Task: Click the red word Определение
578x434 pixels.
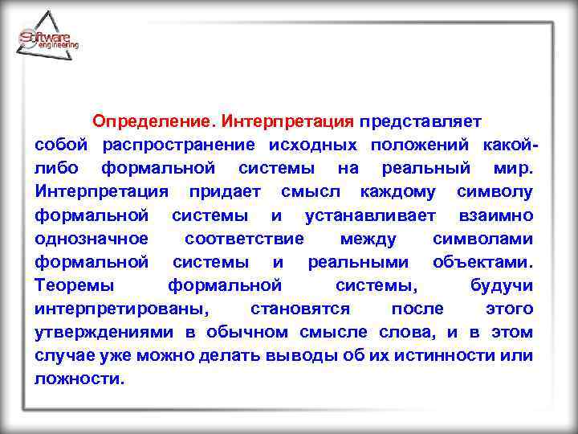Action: click(150, 121)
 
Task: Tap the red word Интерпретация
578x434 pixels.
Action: click(287, 121)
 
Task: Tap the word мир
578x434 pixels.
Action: click(513, 168)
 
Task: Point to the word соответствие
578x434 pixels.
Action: click(244, 239)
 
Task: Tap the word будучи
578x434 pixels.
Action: click(502, 285)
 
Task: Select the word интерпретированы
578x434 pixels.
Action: click(120, 309)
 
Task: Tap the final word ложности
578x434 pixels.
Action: click(80, 379)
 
